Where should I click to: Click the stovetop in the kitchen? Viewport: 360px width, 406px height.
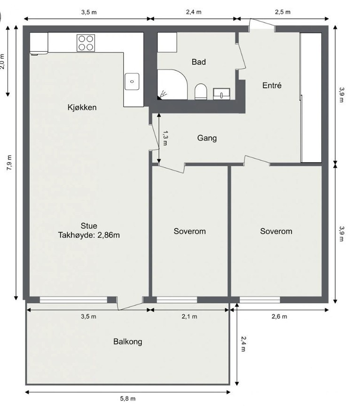86,43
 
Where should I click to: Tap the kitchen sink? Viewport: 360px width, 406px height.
132,81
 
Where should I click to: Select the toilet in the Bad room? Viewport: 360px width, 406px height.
201,91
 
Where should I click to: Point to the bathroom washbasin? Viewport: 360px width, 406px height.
221,94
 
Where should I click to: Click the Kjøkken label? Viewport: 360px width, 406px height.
82,108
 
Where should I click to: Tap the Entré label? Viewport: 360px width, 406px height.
271,86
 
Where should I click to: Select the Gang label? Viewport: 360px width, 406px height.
207,138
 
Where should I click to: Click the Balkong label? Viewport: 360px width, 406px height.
127,342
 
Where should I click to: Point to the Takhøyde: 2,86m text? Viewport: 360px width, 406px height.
89,235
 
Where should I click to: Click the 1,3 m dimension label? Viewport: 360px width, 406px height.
164,138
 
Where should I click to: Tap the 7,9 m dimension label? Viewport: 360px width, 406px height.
9,163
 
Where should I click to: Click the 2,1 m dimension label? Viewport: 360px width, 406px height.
189,317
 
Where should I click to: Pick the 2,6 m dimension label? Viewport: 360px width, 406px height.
279,317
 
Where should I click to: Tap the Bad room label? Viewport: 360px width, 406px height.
199,62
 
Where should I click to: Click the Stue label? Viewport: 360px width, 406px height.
89,226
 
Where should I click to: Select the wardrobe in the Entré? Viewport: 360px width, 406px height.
311,97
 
